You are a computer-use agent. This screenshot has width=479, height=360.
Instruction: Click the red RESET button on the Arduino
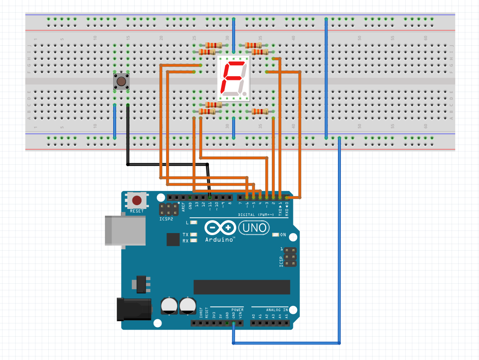137,201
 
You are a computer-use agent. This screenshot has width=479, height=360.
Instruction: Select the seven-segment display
233,78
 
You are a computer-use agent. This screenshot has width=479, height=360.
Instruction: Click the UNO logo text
254,228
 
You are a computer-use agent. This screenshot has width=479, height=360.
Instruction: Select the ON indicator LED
275,235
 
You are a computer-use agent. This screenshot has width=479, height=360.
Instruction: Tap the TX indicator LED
193,235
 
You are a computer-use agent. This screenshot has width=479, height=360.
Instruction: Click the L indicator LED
193,223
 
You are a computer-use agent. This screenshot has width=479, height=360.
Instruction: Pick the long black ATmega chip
241,287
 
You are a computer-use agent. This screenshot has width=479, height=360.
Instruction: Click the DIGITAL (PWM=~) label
256,215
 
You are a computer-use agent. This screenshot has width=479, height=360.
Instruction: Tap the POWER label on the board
237,310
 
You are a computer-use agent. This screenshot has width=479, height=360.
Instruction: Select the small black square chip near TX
173,239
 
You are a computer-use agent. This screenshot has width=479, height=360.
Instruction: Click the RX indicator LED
193,241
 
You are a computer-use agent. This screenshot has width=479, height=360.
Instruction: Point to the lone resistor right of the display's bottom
260,112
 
